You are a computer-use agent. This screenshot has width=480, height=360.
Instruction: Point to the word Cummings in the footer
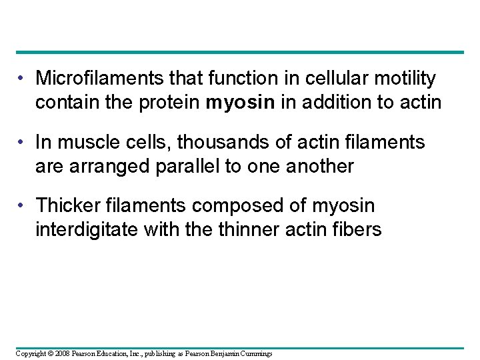tap(256, 353)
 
